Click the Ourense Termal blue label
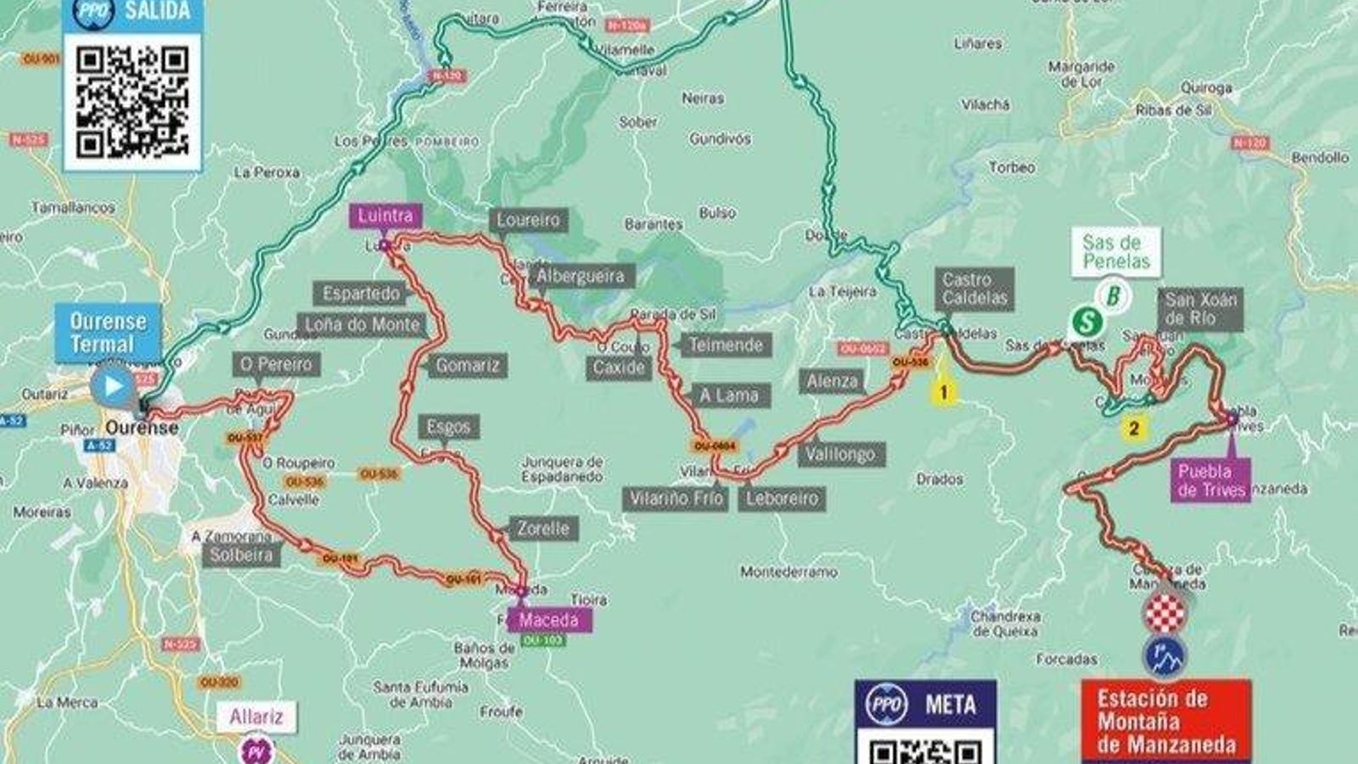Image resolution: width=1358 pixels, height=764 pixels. tap(109, 333)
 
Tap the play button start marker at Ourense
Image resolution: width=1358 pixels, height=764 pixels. tap(114, 386)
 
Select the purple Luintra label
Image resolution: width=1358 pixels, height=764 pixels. tap(384, 216)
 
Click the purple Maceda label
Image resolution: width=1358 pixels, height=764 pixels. tap(548, 620)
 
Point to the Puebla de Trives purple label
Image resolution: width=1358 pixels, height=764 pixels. tap(1212, 480)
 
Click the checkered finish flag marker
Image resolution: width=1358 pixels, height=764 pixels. tap(1164, 612)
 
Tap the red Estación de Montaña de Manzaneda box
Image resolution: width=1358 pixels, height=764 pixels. tap(1165, 722)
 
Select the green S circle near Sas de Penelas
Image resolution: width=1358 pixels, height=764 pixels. tap(1086, 322)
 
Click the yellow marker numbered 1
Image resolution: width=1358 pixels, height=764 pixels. tap(942, 392)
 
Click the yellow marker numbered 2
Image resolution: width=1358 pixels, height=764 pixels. tap(1134, 428)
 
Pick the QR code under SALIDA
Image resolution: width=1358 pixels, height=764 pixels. tap(132, 102)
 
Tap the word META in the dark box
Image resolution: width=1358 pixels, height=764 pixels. tap(950, 705)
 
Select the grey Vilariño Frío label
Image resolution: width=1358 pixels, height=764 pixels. tap(676, 498)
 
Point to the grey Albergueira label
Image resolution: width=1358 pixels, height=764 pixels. tap(581, 276)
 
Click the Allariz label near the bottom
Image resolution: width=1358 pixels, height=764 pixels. tap(256, 716)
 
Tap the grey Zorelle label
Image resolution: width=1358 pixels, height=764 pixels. tap(543, 529)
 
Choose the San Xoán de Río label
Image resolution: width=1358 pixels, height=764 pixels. tap(1200, 309)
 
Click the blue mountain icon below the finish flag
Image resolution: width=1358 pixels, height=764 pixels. tap(1164, 655)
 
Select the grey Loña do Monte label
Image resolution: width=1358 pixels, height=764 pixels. tap(362, 325)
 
